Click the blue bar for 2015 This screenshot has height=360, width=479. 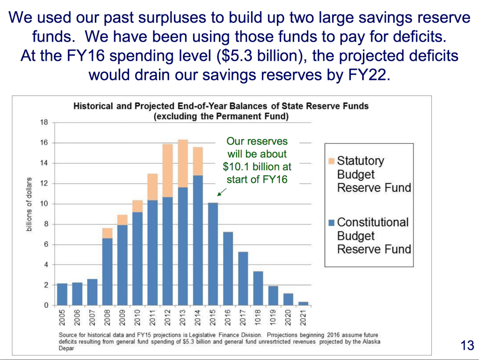click(x=213, y=254)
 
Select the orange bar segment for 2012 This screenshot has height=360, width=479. click(x=168, y=171)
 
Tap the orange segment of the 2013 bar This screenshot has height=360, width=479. click(x=183, y=164)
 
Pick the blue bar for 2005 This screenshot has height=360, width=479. click(x=62, y=295)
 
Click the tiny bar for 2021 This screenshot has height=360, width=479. click(x=303, y=303)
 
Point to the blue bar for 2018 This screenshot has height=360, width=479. click(x=258, y=288)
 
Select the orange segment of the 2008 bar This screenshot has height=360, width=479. click(x=108, y=233)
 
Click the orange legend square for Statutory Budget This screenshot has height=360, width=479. click(x=332, y=161)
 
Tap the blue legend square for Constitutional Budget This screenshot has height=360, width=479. click(x=332, y=223)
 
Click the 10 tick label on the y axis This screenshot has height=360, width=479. click(x=44, y=204)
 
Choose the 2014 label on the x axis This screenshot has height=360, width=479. click(x=198, y=317)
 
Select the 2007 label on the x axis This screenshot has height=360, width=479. click(x=93, y=317)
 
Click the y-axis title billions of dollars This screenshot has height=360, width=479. click(x=29, y=204)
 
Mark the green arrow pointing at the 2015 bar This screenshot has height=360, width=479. click(x=222, y=192)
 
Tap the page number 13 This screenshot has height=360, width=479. click(x=467, y=346)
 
